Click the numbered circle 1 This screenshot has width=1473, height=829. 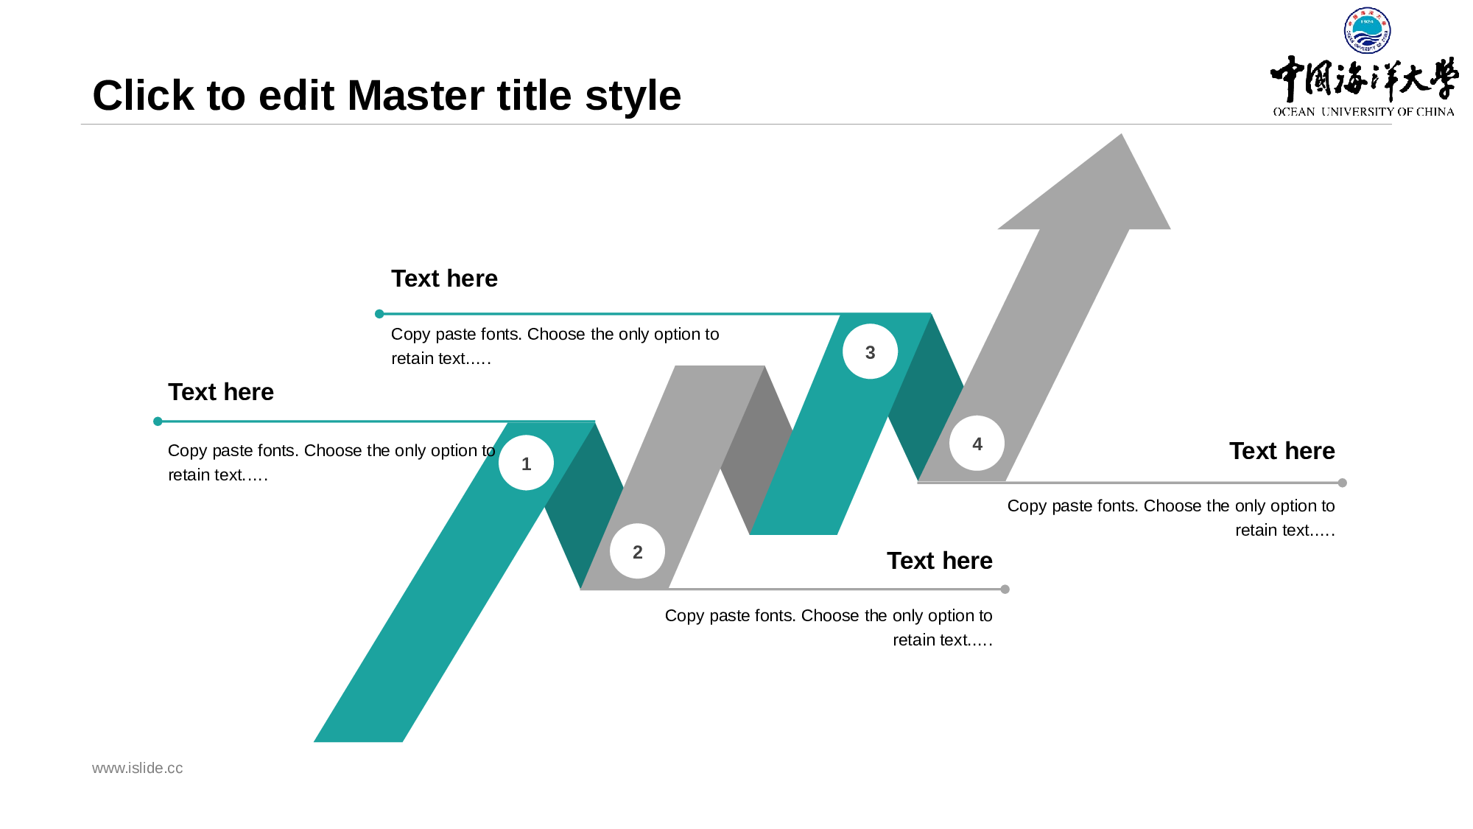pyautogui.click(x=526, y=463)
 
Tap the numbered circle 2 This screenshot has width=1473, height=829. pyautogui.click(x=638, y=551)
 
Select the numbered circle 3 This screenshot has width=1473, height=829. pyautogui.click(x=870, y=351)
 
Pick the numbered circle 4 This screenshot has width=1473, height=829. pyautogui.click(x=977, y=444)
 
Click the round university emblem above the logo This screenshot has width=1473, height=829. pyautogui.click(x=1367, y=30)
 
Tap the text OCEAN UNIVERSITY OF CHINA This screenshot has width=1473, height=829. pyautogui.click(x=1363, y=112)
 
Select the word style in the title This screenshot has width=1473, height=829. pyautogui.click(x=633, y=97)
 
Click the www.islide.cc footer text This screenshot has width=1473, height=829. pyautogui.click(x=137, y=768)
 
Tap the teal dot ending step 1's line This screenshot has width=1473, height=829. pyautogui.click(x=158, y=422)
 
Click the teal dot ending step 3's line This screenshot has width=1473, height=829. pyautogui.click(x=379, y=314)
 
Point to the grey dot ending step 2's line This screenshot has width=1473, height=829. pyautogui.click(x=1005, y=589)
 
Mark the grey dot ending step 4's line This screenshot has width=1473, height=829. pyautogui.click(x=1342, y=483)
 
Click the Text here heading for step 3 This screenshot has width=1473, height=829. pyautogui.click(x=444, y=279)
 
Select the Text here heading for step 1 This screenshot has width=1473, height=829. pyautogui.click(x=221, y=392)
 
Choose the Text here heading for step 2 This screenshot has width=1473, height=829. pyautogui.click(x=939, y=561)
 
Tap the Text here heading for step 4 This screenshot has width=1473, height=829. pyautogui.click(x=1282, y=451)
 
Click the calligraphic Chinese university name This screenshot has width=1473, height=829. pyautogui.click(x=1364, y=79)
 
